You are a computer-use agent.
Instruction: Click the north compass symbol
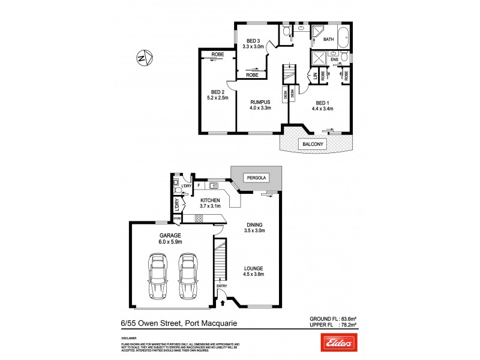pyautogui.click(x=145, y=58)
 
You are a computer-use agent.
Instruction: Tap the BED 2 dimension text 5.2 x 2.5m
pyautogui.click(x=218, y=98)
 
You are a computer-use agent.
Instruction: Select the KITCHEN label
pyautogui.click(x=211, y=200)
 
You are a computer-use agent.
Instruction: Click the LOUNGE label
pyautogui.click(x=254, y=268)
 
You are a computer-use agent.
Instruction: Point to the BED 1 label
pyautogui.click(x=318, y=101)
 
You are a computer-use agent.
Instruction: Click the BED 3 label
pyautogui.click(x=251, y=40)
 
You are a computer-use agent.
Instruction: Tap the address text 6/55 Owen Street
pyautogui.click(x=150, y=323)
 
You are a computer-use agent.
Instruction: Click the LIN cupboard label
pyautogui.click(x=315, y=76)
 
